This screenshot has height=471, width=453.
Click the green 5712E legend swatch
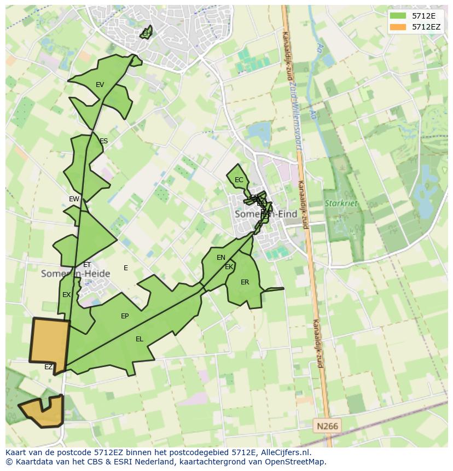[x=398, y=16]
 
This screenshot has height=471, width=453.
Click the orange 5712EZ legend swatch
[x=398, y=27]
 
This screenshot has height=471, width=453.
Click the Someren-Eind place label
[x=266, y=214]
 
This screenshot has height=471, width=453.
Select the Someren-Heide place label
[x=75, y=274]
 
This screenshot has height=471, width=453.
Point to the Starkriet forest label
[x=341, y=203]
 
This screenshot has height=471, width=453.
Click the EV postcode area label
[x=100, y=85]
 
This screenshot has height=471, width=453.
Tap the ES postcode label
[x=103, y=141]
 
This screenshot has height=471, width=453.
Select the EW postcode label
[x=74, y=199]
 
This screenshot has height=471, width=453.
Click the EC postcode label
[x=239, y=180]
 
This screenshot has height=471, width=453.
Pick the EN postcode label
[x=221, y=258]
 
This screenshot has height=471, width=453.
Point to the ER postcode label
[x=245, y=282]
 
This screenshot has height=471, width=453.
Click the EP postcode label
[x=125, y=316]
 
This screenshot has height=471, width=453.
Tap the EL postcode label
[x=140, y=339]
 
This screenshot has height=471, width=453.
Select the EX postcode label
[x=66, y=295]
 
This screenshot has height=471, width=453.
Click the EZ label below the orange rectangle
[x=48, y=367]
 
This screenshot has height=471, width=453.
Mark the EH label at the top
[x=146, y=33]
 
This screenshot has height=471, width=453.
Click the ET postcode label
[x=87, y=265]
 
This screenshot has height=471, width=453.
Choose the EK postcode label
[x=229, y=267]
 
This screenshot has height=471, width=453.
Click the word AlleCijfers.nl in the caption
[x=284, y=452]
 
